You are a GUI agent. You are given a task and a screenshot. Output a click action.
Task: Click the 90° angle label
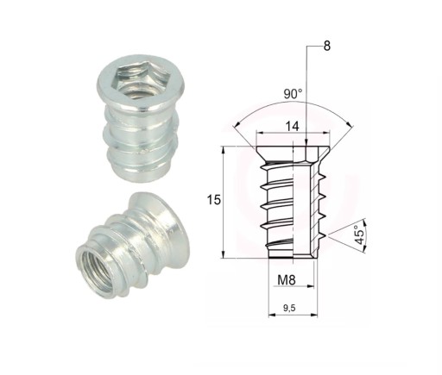293,93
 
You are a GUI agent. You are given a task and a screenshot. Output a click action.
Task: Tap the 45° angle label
359,234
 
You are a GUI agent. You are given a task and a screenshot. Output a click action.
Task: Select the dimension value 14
292,126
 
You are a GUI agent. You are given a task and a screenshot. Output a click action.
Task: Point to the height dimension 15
214,200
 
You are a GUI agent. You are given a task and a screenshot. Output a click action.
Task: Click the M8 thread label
287,280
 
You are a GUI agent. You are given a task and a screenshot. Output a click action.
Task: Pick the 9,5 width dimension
289,308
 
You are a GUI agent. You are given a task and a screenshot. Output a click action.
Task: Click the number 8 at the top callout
327,46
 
